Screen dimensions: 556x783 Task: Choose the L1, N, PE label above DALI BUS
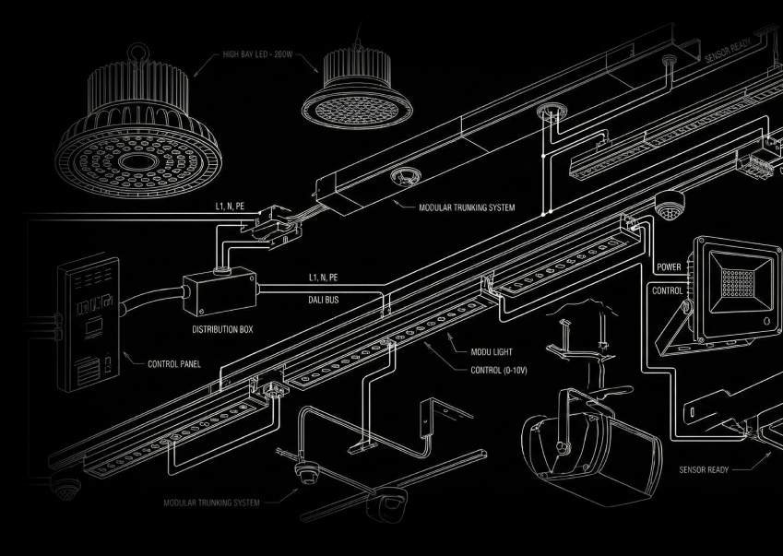[323, 278]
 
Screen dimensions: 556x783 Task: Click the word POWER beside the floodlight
[669, 267]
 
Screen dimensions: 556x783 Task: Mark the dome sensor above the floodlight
[670, 207]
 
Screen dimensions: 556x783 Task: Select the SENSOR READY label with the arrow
[704, 470]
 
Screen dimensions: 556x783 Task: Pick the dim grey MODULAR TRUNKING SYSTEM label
[211, 503]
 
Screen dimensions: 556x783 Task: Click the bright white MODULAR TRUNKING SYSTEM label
[467, 208]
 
